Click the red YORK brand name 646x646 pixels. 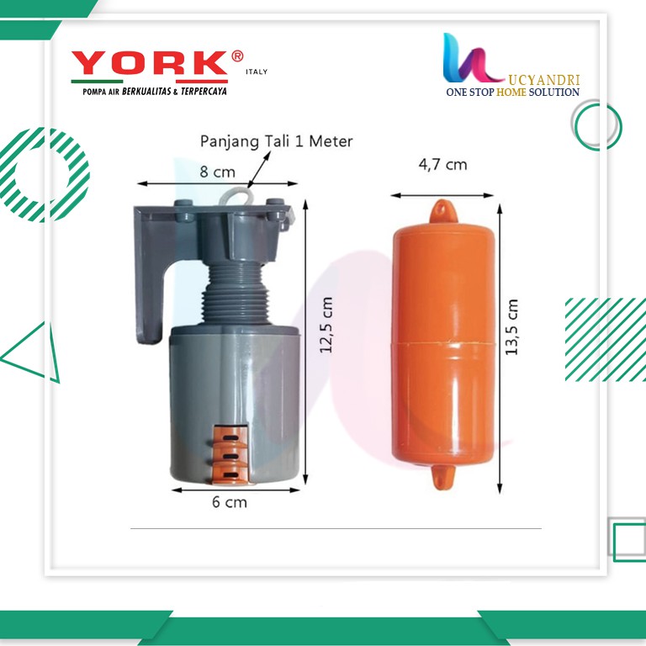[x=151, y=63]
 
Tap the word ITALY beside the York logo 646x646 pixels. [x=257, y=71]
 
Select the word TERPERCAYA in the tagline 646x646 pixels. [x=204, y=92]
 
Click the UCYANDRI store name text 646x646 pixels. [x=544, y=80]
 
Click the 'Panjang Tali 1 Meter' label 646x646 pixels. [x=276, y=141]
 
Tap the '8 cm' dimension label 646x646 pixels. [x=217, y=172]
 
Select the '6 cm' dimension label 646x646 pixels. [x=230, y=502]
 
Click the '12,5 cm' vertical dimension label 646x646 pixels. [x=326, y=325]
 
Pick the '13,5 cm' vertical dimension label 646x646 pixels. [x=511, y=327]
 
